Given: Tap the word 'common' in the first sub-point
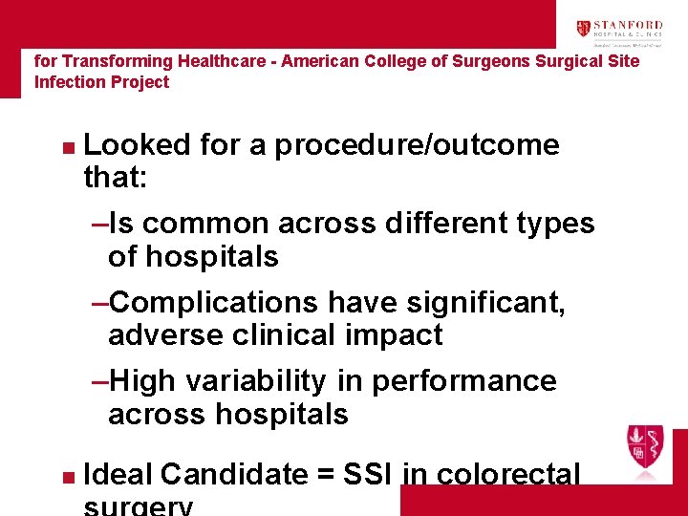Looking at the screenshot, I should [x=206, y=224].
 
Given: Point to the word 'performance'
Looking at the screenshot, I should [x=463, y=380].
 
